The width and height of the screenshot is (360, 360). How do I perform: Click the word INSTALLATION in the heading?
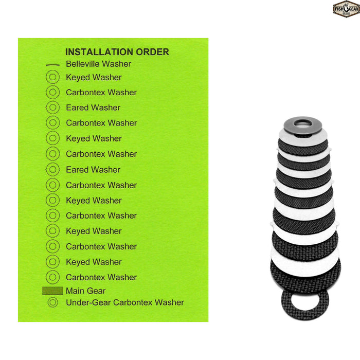tap(99, 52)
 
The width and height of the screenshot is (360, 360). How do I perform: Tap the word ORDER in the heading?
tap(152, 52)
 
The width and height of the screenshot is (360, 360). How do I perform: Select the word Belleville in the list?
tap(82, 64)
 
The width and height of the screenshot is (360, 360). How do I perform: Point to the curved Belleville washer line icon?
tap(52, 65)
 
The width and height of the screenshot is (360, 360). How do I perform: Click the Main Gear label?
tap(86, 291)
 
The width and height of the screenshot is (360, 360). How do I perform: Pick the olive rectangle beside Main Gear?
tap(52, 291)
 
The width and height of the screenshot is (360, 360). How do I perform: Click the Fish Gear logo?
tap(346, 9)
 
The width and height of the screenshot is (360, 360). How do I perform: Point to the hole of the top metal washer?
tap(303, 123)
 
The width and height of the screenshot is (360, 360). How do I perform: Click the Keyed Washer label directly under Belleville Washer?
tap(94, 78)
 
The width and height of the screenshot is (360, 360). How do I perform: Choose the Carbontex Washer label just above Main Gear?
tap(101, 277)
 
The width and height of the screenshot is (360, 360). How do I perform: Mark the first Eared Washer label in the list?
tap(93, 107)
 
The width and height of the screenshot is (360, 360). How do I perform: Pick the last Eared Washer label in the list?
tap(93, 170)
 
